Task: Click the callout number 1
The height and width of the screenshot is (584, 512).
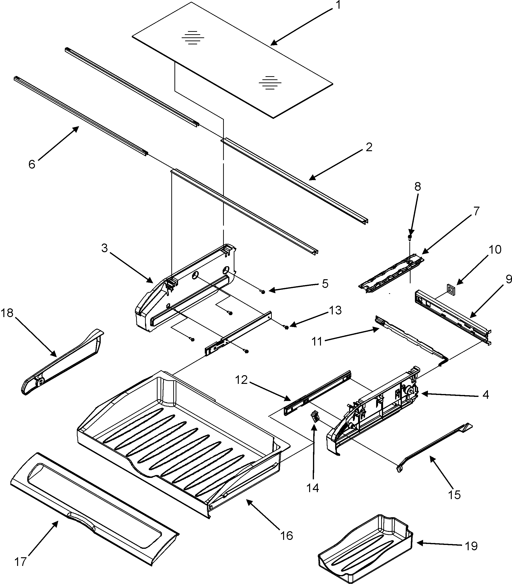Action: click(338, 5)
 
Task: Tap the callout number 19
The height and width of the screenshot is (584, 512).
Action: click(471, 546)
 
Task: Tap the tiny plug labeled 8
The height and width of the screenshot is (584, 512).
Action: click(410, 237)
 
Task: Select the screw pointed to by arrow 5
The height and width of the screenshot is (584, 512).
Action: click(263, 292)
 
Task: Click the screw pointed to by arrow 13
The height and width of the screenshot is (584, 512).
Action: click(286, 327)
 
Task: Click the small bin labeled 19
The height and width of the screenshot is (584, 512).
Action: click(366, 550)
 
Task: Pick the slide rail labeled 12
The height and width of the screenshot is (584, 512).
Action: click(317, 393)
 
